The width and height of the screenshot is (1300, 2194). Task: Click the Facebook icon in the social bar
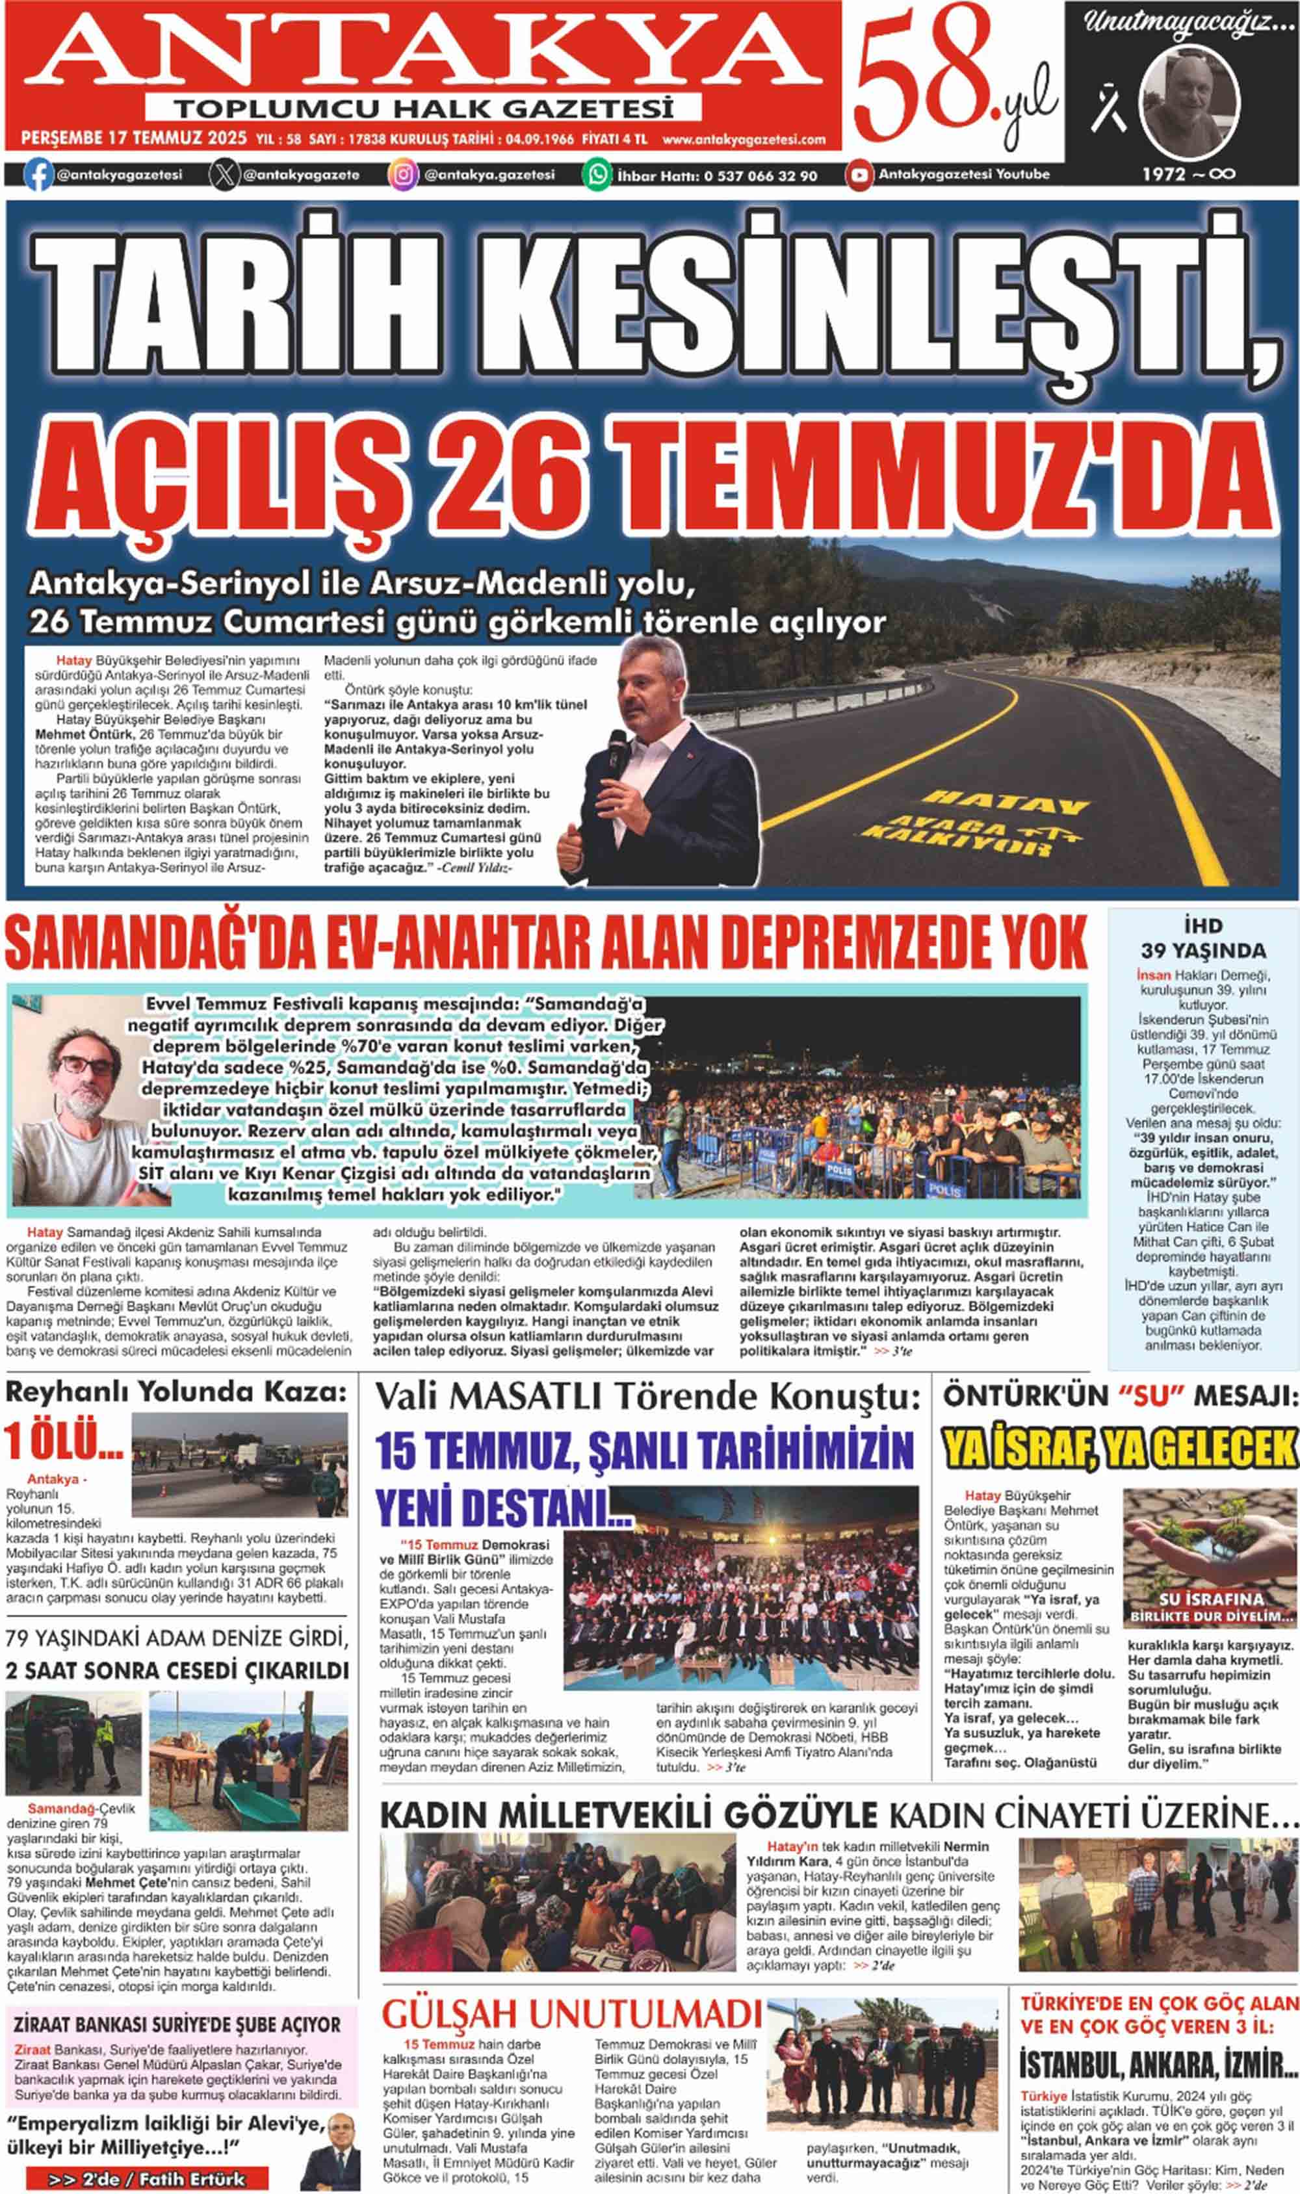[x=38, y=174]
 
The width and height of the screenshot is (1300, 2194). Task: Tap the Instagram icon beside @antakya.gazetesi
[x=403, y=174]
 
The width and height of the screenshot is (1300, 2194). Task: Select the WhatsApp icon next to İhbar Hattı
[x=597, y=174]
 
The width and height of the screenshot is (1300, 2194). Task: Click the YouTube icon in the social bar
[x=859, y=174]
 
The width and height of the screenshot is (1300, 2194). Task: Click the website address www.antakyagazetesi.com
[x=744, y=139]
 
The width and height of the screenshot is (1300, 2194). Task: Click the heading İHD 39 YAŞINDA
[x=1202, y=937]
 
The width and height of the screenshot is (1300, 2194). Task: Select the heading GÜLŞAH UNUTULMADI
[x=571, y=2013]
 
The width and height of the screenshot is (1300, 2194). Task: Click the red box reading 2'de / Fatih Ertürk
[x=147, y=2172]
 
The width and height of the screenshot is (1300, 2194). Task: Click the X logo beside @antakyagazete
[x=224, y=174]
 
